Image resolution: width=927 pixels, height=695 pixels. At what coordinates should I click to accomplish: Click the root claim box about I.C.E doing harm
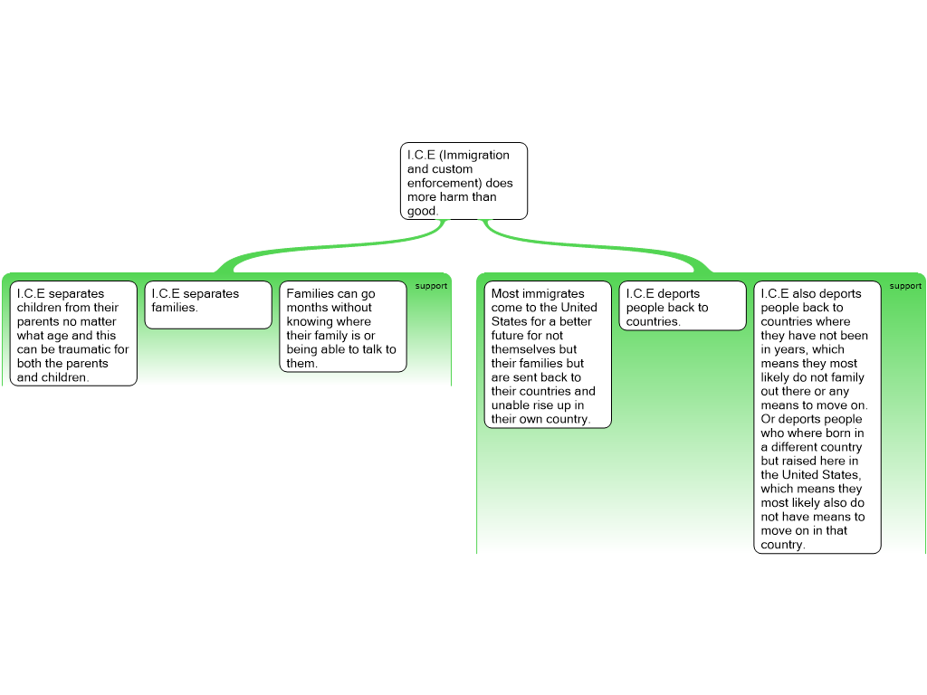(463, 181)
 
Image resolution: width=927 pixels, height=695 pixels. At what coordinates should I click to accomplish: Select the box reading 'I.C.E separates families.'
(208, 304)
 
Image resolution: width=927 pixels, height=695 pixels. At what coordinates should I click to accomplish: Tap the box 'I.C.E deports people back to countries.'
(683, 306)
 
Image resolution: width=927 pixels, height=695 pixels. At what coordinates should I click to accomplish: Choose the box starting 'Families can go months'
(343, 327)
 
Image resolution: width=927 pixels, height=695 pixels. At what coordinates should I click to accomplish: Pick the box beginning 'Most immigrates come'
(548, 355)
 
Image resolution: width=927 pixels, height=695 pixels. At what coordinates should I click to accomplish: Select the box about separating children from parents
(73, 334)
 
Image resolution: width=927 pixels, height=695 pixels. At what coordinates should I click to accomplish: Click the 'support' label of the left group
(431, 286)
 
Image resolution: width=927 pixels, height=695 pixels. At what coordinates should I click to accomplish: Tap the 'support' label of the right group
(905, 286)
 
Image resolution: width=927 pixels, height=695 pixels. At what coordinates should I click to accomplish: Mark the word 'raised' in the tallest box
(796, 461)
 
